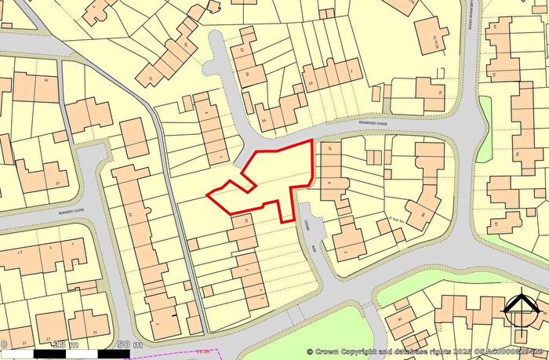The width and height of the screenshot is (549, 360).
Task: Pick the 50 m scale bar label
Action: (129, 344)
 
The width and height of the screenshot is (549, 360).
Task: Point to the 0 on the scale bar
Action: (5, 344)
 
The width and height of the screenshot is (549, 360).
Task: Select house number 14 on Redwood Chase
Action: (329, 149)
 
